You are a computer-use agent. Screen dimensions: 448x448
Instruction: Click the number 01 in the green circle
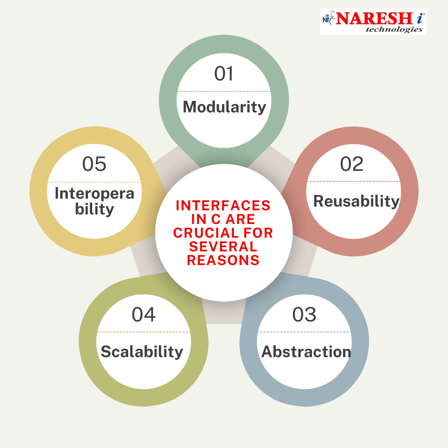pos(224,74)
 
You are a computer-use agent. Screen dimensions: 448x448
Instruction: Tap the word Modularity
pos(224,107)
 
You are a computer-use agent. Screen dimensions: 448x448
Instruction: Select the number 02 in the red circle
pos(352,164)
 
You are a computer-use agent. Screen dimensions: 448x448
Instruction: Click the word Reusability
pos(356,201)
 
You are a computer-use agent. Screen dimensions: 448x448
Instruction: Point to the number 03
pos(304,314)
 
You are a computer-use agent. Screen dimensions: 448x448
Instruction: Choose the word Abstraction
pos(306,351)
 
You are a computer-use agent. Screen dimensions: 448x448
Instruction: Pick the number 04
pos(144,314)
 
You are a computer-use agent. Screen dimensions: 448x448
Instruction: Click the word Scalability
pos(142,351)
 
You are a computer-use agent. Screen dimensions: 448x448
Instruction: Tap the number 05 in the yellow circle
pos(94,164)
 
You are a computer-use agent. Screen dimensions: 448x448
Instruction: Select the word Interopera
pos(94,193)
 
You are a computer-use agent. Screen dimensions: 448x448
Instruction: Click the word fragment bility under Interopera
pos(95,209)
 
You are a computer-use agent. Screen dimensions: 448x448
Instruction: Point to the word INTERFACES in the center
pos(223,205)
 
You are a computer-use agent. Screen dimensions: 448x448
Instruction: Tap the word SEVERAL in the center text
pos(223,246)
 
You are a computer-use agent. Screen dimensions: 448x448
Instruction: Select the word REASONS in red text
pos(223,260)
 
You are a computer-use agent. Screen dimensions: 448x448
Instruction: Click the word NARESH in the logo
pos(374,19)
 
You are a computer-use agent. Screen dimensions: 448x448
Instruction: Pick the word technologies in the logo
pos(394,29)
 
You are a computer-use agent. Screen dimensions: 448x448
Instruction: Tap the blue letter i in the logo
pos(419,19)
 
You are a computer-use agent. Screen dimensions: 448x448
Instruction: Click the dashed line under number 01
pos(224,91)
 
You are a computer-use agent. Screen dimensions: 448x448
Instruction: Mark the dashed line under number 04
pos(144,332)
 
